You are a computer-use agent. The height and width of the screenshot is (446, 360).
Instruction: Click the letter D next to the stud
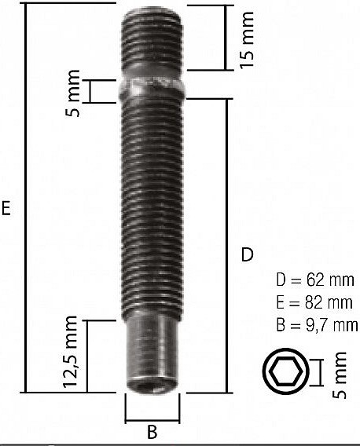point(247,254)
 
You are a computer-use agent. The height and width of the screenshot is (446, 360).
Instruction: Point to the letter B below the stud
point(152,431)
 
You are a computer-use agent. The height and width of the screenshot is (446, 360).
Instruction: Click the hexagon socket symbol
point(283,371)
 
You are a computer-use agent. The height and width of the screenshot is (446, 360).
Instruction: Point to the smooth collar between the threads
point(152,84)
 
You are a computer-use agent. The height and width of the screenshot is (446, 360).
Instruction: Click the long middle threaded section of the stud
point(152,204)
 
